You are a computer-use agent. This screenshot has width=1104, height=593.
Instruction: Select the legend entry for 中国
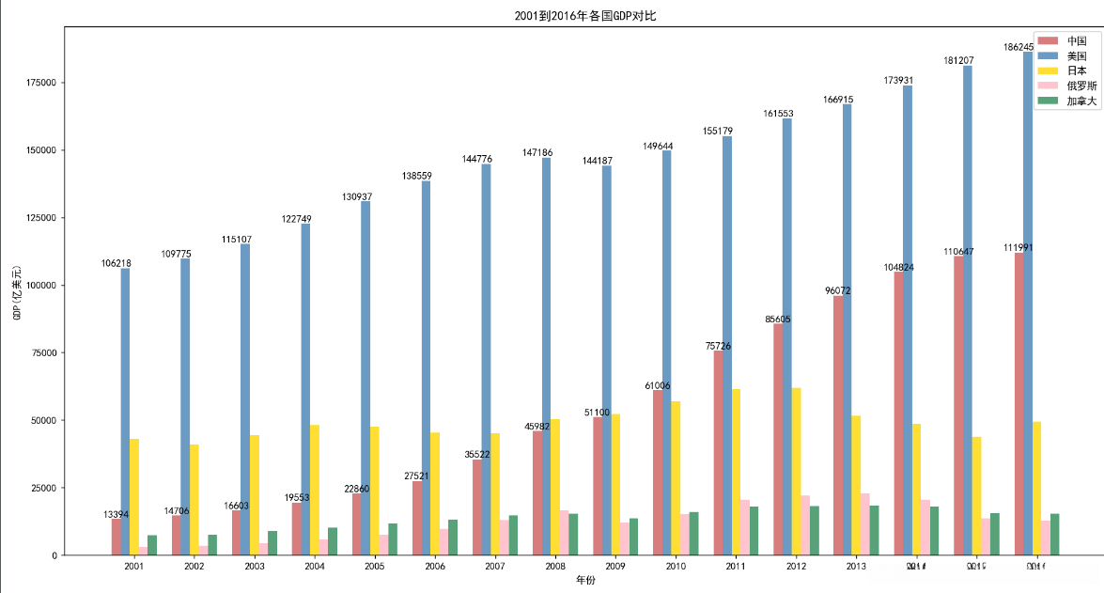click(1077, 41)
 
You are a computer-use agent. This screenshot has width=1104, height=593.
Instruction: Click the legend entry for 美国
click(1077, 56)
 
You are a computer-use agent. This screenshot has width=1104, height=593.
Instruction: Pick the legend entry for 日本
click(1077, 71)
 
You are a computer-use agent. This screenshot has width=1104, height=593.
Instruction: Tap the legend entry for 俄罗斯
click(1081, 86)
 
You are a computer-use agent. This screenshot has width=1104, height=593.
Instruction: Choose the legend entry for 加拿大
click(1081, 101)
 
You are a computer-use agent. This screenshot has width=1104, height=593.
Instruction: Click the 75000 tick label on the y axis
click(44, 352)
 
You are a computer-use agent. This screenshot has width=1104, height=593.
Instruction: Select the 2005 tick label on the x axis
click(375, 567)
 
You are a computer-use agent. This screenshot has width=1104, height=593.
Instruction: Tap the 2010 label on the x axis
click(676, 567)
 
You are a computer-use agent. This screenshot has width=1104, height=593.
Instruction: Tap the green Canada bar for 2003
click(272, 543)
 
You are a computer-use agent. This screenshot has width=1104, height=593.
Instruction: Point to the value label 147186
click(541, 152)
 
